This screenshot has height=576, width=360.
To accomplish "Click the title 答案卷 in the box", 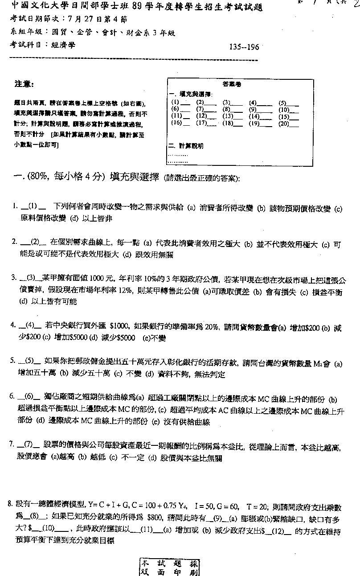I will tap(231, 84).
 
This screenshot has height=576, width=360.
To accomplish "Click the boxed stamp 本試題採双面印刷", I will tap(170, 567).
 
